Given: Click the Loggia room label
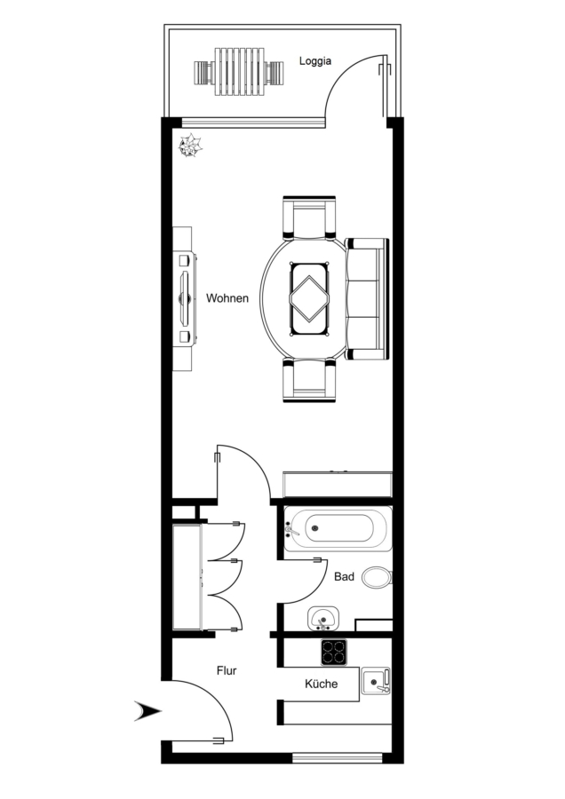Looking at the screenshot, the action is [x=315, y=61].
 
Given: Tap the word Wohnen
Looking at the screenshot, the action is [x=227, y=298].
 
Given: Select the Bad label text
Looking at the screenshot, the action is [x=344, y=577].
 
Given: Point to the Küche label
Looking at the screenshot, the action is [x=322, y=684].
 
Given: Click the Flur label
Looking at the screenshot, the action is [x=227, y=670].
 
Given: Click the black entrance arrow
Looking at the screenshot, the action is [x=147, y=711].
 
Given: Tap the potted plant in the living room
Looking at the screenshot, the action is [x=190, y=146].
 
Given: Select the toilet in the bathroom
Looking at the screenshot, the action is [x=378, y=577].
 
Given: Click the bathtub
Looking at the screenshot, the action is [x=338, y=528].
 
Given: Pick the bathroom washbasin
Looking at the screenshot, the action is [x=323, y=619].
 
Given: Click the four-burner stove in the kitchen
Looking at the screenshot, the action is [x=334, y=653].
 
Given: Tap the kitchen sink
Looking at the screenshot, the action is [x=376, y=681].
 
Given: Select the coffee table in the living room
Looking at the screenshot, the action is [x=309, y=299].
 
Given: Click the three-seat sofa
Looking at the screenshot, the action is [x=367, y=299].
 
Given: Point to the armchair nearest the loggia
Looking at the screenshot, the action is [x=309, y=218].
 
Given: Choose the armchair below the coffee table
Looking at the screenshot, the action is [x=309, y=380].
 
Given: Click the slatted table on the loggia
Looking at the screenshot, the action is [x=241, y=72].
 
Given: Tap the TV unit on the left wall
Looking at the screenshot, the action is [x=184, y=298].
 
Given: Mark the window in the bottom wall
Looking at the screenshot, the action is [x=338, y=758].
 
